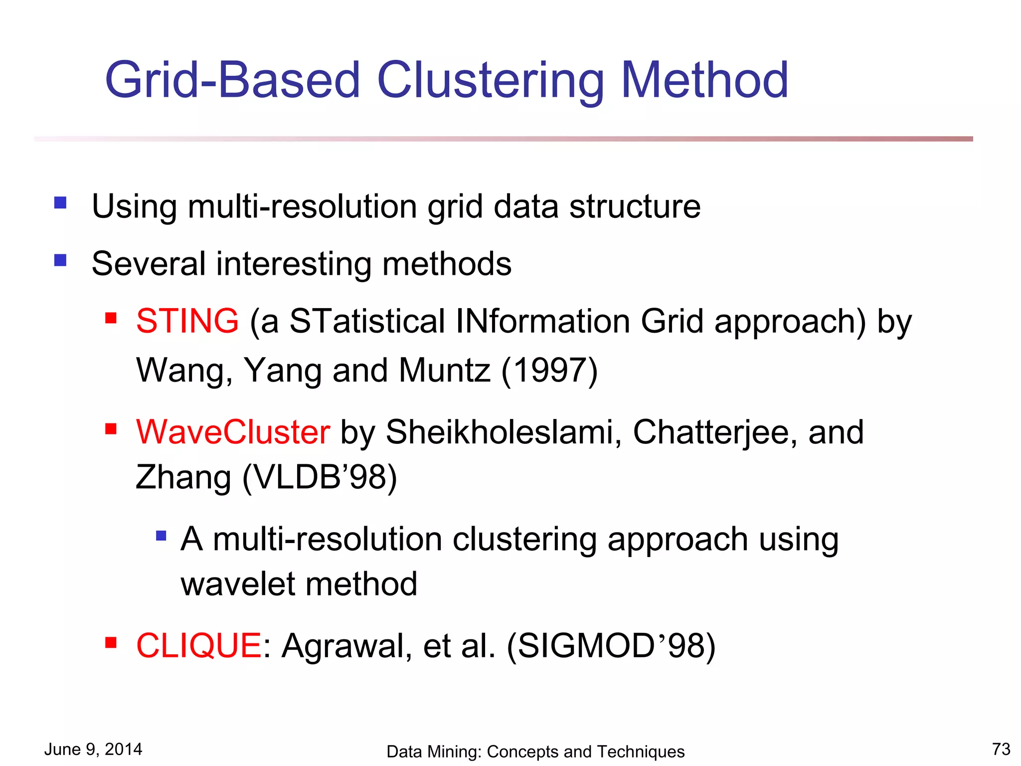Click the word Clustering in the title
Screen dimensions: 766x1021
[491, 81]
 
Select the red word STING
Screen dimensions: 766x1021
[187, 321]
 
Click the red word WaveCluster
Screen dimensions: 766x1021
[233, 432]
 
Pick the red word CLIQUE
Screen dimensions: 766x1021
[198, 646]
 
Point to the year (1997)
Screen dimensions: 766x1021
[549, 371]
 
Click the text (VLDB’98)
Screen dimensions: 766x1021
[319, 478]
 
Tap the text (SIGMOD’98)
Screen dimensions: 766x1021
[611, 646]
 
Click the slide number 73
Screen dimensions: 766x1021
[1001, 749]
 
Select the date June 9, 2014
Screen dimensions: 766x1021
[93, 750]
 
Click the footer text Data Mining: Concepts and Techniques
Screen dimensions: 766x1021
[535, 752]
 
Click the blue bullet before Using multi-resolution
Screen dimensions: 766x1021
[60, 202]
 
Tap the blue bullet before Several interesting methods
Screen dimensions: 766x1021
[60, 260]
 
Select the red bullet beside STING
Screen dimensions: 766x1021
[111, 318]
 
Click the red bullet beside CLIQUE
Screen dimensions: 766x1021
[111, 643]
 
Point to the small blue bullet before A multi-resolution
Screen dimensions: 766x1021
[161, 536]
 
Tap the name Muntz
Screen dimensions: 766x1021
[444, 371]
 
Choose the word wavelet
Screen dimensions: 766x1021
[238, 584]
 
